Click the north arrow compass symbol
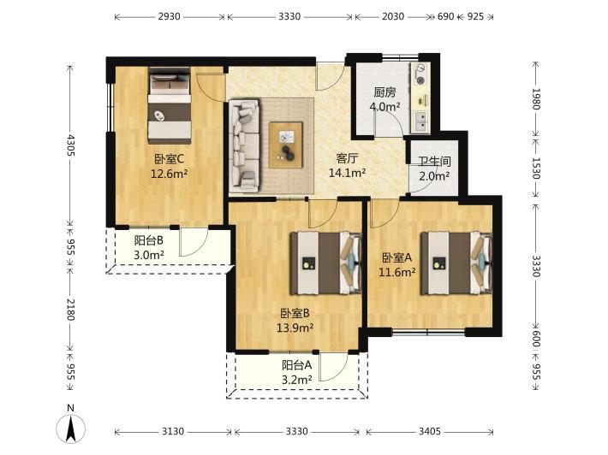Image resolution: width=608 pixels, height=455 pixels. pos(70,428)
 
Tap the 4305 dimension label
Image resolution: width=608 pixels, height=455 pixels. pos(70,145)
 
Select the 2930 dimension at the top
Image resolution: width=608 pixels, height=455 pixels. pos(170,16)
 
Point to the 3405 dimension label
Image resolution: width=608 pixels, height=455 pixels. pos(430,431)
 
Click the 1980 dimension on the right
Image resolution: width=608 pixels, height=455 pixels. pos(535,99)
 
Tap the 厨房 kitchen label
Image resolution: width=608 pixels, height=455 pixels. pos(384,92)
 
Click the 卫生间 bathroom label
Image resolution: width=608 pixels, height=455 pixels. pos(434,161)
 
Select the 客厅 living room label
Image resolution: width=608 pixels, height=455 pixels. pos(347,158)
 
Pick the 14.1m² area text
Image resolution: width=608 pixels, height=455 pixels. pos(347,173)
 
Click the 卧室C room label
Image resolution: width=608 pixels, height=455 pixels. pos(169,159)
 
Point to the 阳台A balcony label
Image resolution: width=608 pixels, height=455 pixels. pos(296,365)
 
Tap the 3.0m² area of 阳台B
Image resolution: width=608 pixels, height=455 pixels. pos(149,255)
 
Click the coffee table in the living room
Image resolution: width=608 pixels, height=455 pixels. pos(286,145)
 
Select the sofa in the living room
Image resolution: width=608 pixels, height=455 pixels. pos(244,145)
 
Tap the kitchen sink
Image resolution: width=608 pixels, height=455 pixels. pos(420,121)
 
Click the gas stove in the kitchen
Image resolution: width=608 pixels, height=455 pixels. pos(420,74)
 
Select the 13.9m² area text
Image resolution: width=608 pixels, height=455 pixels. pos(295,328)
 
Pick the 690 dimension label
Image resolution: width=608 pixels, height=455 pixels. pos(445,16)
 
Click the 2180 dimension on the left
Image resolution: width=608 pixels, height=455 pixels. pos(70,310)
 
